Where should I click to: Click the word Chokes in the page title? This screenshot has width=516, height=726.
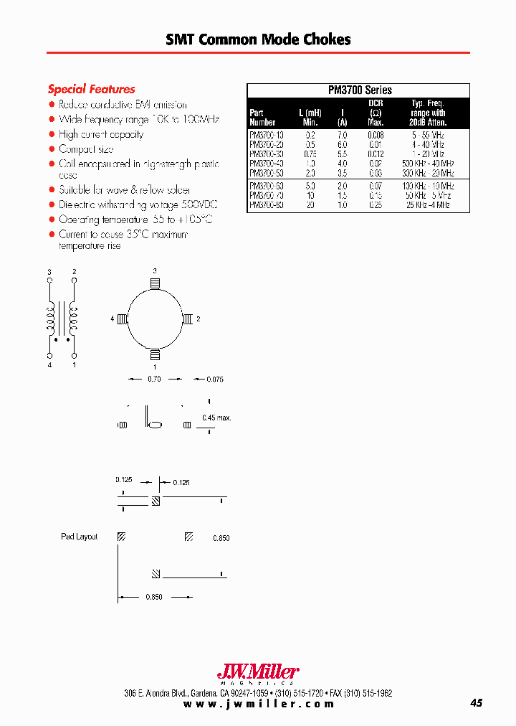(327, 39)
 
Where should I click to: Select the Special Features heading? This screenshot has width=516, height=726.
(91, 89)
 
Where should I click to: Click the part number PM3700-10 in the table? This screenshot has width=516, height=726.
(266, 134)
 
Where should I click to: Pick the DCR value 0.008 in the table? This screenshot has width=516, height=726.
(376, 134)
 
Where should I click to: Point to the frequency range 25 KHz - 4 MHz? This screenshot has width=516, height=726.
(428, 205)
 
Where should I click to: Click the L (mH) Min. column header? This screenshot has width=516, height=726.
(310, 118)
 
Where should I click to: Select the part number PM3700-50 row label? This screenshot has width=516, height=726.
(266, 174)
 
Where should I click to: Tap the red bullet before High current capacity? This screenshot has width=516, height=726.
(52, 134)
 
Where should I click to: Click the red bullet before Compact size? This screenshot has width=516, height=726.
(52, 149)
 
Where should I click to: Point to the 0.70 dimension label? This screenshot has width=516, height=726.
(154, 379)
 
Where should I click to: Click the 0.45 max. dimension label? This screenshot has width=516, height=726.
(216, 418)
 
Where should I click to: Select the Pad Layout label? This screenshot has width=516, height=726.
(79, 537)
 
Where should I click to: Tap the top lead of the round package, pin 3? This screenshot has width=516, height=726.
(155, 284)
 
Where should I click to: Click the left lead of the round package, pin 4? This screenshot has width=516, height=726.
(123, 319)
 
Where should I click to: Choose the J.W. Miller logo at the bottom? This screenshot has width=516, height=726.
(257, 672)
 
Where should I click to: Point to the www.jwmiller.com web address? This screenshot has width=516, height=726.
(259, 704)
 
